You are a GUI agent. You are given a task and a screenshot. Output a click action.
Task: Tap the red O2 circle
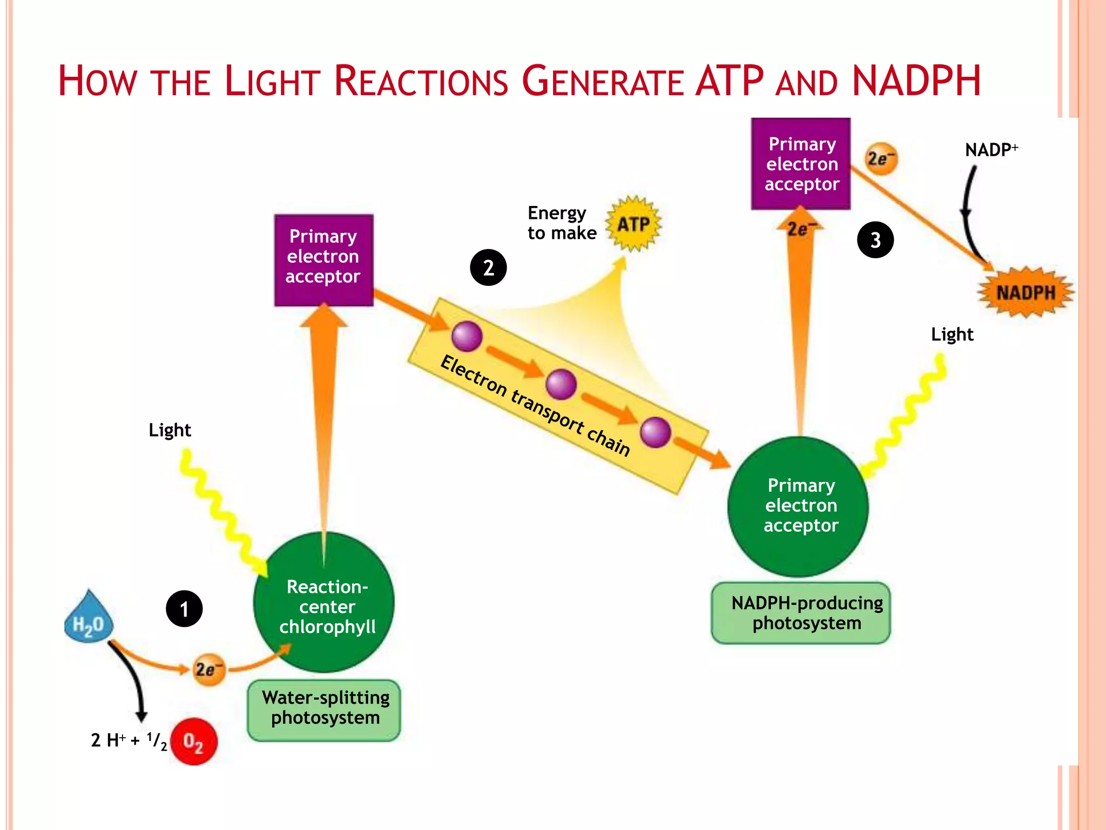[x=193, y=741]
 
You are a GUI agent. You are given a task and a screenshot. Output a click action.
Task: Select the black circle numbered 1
[x=184, y=609]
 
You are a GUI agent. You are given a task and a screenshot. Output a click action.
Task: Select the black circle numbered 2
[x=488, y=267]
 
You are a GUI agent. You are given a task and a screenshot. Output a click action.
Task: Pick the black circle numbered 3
[x=875, y=240]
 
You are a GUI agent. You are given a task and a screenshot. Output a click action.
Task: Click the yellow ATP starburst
[x=633, y=224]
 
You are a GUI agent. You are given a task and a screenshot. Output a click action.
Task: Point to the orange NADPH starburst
[x=1025, y=292]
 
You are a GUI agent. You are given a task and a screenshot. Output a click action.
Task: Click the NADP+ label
[x=991, y=150]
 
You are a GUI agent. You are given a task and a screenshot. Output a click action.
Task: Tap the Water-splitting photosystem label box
[x=324, y=710]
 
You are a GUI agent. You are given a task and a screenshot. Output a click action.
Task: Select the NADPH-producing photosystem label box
[x=801, y=613]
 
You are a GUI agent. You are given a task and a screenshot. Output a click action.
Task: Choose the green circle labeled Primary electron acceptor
[x=798, y=506]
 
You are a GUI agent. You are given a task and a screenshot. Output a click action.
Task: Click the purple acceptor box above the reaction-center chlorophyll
[x=323, y=260]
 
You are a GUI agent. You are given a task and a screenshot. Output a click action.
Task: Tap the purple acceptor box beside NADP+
[x=800, y=163]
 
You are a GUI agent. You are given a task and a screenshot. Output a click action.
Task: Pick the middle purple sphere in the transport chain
[x=561, y=384]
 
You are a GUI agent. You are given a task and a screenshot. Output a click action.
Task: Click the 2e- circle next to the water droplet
[x=209, y=670]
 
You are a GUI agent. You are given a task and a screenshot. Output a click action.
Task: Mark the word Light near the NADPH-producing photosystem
[x=952, y=334]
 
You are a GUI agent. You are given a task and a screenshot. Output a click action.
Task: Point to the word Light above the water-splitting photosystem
[x=170, y=430]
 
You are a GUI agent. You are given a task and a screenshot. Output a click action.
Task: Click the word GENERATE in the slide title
[x=602, y=82]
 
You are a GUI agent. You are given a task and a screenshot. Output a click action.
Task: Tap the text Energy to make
[x=562, y=223]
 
